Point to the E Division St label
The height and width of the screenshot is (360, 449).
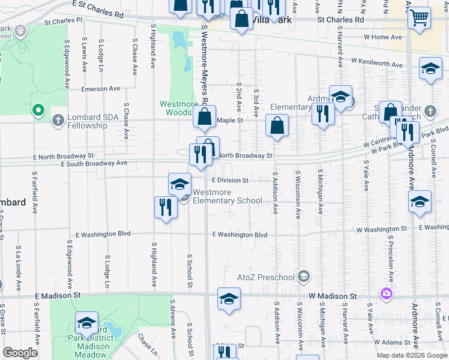230,180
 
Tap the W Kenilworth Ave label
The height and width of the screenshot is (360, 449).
377,62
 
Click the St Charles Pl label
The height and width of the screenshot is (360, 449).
71,20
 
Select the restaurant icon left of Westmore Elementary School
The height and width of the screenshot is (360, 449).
165,207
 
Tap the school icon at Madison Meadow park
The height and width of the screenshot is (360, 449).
86,323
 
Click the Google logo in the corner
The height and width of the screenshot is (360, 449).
20,352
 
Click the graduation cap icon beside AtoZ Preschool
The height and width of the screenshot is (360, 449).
304,277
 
